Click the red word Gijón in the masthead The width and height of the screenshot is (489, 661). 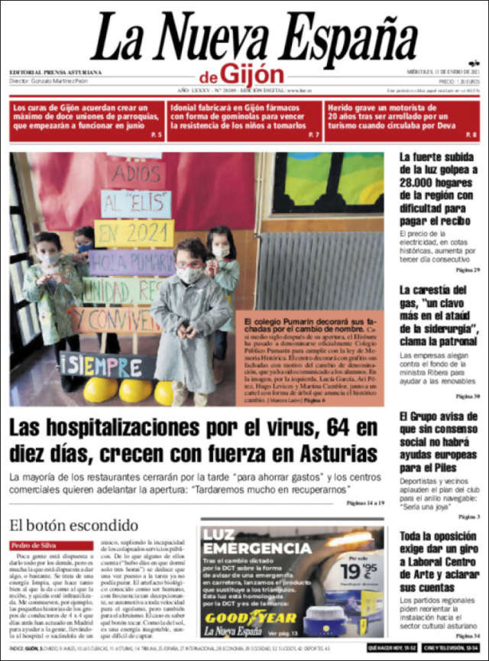(252, 74)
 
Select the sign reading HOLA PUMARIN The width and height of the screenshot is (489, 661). (131, 262)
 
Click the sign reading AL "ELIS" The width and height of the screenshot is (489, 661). (136, 203)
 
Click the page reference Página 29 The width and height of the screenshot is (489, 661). (466, 271)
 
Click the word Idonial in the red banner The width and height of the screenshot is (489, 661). (188, 108)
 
